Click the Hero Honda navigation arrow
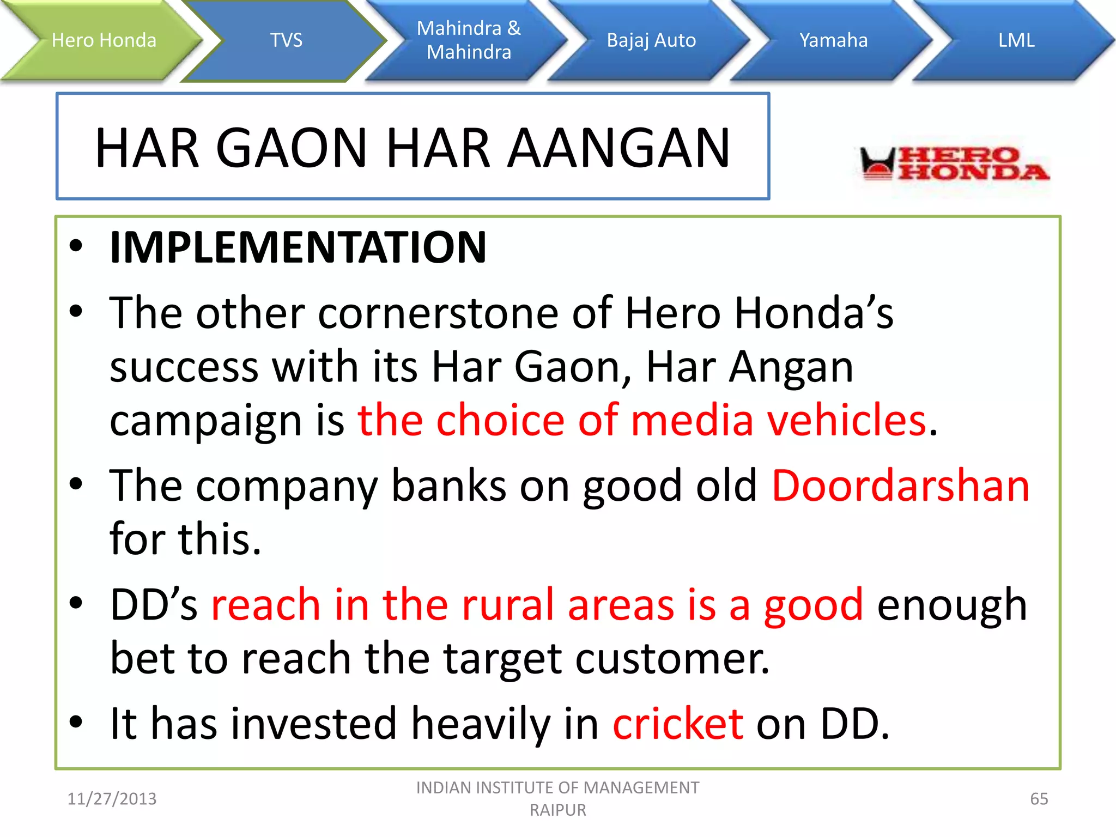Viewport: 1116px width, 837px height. click(104, 40)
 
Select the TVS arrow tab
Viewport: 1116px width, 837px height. click(286, 40)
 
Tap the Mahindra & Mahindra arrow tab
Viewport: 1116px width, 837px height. click(469, 40)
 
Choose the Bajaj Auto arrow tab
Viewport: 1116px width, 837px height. click(651, 40)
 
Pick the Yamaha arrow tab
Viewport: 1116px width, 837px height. click(833, 40)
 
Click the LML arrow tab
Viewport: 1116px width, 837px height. click(1016, 40)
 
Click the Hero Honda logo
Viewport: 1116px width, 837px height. click(954, 163)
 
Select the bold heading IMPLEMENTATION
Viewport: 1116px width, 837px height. click(298, 248)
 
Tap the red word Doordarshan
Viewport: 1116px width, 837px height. click(901, 486)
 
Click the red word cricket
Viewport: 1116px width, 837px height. click(678, 724)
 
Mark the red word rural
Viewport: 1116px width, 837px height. click(508, 605)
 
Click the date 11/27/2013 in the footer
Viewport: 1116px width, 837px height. click(112, 799)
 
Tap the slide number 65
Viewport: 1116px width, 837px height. click(1039, 799)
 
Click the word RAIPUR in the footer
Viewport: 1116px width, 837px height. click(557, 810)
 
